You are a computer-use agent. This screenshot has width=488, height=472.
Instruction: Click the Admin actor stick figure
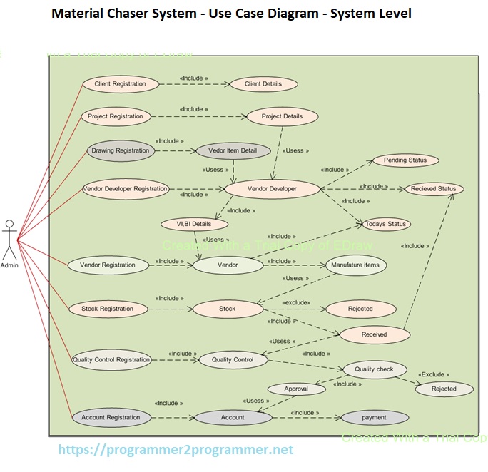click(x=9, y=240)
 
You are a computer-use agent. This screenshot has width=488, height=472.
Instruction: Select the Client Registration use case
click(x=120, y=83)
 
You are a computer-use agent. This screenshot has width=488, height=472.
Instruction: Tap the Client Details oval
click(x=263, y=83)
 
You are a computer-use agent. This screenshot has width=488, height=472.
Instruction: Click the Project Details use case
click(x=282, y=116)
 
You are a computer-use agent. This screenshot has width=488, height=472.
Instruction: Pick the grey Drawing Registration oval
click(x=120, y=150)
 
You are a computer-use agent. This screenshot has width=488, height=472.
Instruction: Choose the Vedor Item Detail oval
click(x=232, y=150)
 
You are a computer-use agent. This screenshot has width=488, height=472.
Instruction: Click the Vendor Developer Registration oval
click(x=125, y=189)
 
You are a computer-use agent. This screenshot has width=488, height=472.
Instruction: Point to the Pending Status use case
click(x=405, y=160)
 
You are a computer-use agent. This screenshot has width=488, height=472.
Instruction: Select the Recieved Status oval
click(x=433, y=189)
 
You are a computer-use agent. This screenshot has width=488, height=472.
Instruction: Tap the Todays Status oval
click(x=385, y=224)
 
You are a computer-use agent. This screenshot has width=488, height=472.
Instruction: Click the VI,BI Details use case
click(x=194, y=224)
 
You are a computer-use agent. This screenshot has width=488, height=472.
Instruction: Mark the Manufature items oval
click(x=356, y=265)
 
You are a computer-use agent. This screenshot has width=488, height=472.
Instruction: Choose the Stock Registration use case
click(x=107, y=309)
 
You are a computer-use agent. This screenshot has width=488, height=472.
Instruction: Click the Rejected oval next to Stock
click(x=360, y=309)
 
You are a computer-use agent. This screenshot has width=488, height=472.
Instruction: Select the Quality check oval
click(x=375, y=369)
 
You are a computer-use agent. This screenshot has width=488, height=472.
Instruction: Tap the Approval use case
click(x=296, y=389)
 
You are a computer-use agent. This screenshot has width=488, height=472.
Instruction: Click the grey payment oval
click(x=374, y=417)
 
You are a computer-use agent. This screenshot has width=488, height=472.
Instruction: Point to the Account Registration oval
click(x=111, y=417)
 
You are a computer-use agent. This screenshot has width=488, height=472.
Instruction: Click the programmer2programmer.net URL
click(x=175, y=450)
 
